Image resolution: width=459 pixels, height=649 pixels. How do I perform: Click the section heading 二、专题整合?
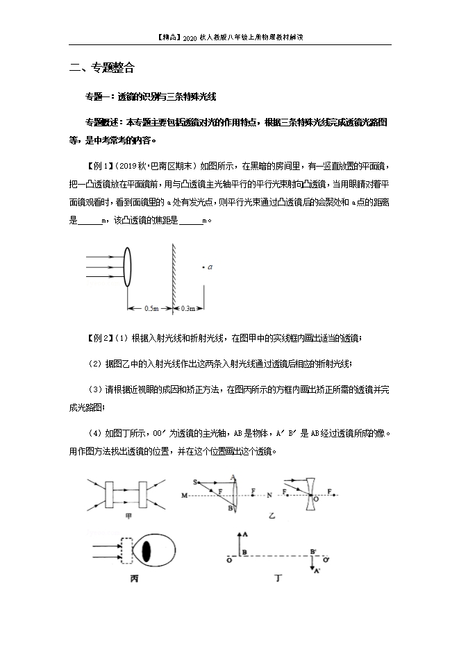102,68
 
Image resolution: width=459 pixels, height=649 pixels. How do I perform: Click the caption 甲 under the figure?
128,516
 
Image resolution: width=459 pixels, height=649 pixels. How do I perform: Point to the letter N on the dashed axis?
269,496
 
